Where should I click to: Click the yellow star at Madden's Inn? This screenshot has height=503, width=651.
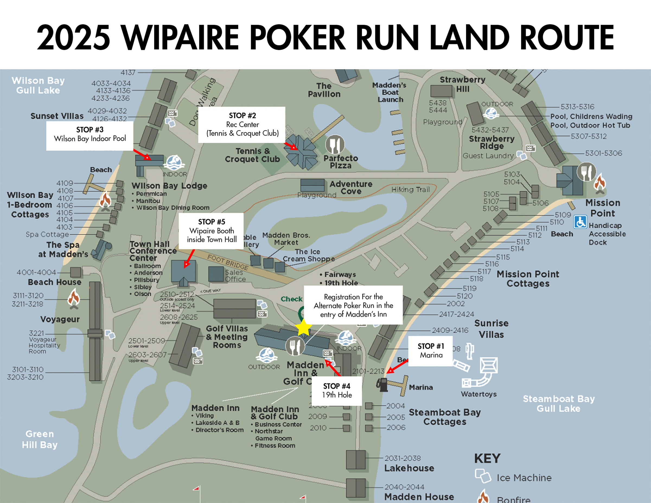pyautogui.click(x=304, y=328)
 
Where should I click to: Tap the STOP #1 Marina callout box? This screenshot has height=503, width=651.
pyautogui.click(x=430, y=351)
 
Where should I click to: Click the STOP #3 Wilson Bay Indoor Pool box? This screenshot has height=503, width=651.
pyautogui.click(x=90, y=134)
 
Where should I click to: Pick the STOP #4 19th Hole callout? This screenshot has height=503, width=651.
pyautogui.click(x=337, y=391)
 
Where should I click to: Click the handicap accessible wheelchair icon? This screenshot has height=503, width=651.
pyautogui.click(x=580, y=222)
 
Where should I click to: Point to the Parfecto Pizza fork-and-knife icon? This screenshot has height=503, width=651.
pyautogui.click(x=335, y=145)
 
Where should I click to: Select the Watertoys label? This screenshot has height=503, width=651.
pyautogui.click(x=479, y=394)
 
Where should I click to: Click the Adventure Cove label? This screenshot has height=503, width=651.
pyautogui.click(x=351, y=187)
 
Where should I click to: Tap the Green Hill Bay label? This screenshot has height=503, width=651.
pyautogui.click(x=40, y=439)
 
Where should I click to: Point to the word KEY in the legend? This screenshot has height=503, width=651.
pyautogui.click(x=487, y=458)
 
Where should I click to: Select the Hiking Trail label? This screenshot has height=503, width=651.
pyautogui.click(x=410, y=190)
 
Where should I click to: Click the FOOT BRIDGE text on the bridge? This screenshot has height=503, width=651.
pyautogui.click(x=228, y=262)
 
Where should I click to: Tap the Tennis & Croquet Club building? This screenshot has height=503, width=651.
pyautogui.click(x=301, y=151)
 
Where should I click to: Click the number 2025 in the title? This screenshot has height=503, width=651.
pyautogui.click(x=73, y=38)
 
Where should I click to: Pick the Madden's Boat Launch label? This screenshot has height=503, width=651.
pyautogui.click(x=390, y=92)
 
